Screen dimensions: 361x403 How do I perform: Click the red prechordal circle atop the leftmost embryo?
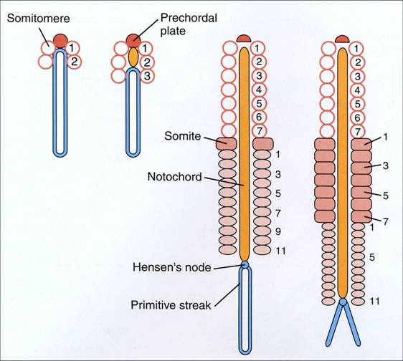61,39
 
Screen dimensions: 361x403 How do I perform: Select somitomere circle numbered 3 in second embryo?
147,75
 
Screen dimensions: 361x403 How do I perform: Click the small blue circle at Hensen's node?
245,266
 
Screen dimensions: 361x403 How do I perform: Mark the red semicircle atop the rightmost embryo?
342,38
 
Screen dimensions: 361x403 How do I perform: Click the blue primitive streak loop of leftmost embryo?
61,107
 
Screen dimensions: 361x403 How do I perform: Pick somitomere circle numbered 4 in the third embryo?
260,90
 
